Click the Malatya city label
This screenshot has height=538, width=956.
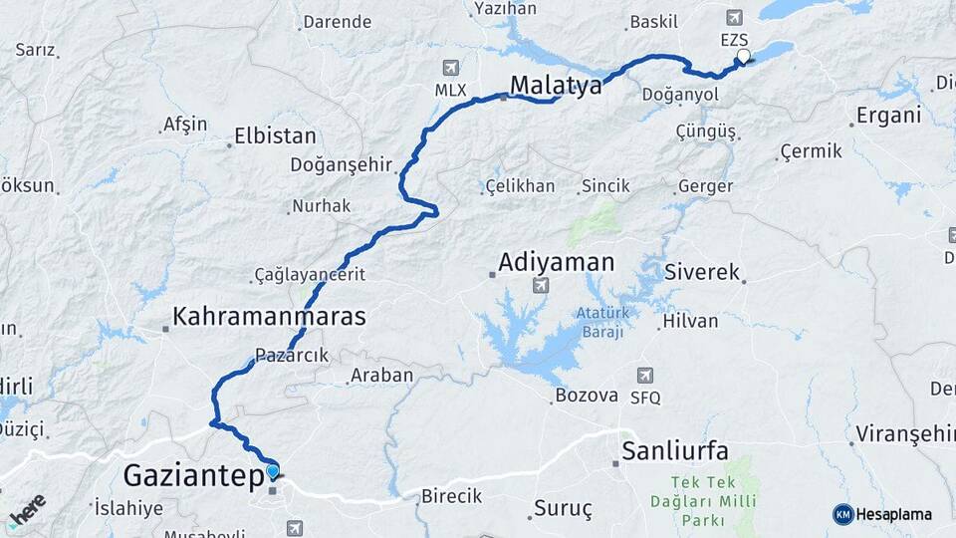click(x=556, y=86)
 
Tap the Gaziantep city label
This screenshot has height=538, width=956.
click(x=196, y=474)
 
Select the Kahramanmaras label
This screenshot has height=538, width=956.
click(x=269, y=317)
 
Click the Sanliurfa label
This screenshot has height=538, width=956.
click(x=674, y=449)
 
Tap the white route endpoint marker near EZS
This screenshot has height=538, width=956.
click(x=742, y=56)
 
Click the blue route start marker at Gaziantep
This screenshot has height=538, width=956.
click(x=273, y=472)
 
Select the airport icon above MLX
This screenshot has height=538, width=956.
click(x=451, y=68)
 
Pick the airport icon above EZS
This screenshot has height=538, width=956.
click(x=734, y=17)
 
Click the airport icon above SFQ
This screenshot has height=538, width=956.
click(x=644, y=375)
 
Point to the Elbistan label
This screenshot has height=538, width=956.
click(x=275, y=136)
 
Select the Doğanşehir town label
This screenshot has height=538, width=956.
click(x=342, y=165)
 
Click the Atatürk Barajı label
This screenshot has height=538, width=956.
click(x=599, y=323)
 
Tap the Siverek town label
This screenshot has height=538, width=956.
click(x=702, y=271)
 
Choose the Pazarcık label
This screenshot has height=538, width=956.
click(x=292, y=355)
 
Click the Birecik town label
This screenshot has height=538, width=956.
click(x=451, y=495)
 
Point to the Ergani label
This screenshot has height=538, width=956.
click(x=889, y=115)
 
